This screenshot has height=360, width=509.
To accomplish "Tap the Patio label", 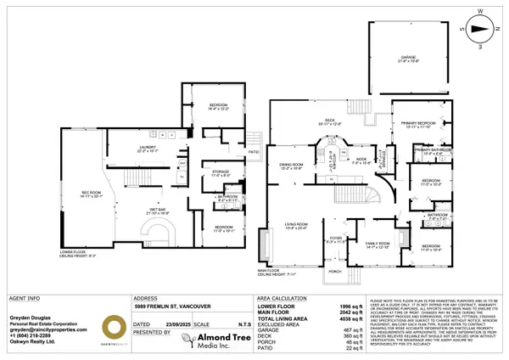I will coord(253,152).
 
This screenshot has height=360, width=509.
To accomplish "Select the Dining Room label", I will coord(291,166).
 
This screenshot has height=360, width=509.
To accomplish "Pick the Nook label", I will coord(361,160).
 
